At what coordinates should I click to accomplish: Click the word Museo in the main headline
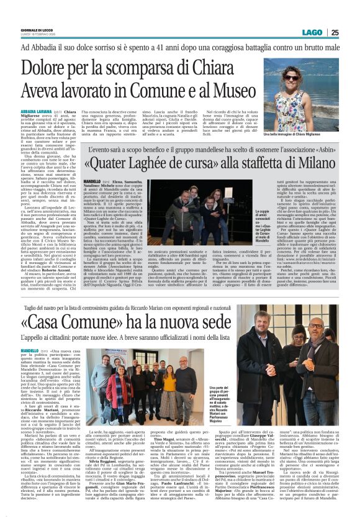[217, 83]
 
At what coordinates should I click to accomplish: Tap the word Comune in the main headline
[151, 83]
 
